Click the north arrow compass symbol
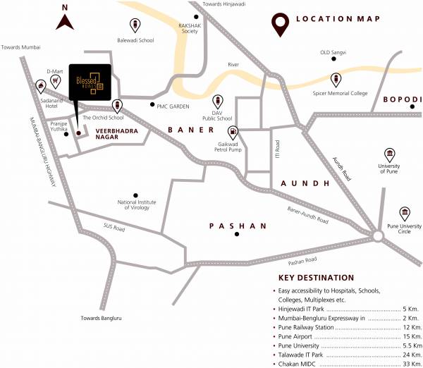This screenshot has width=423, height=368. pos(65,20)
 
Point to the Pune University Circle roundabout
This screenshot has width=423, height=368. pos(379,238)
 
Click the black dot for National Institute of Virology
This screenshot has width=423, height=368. pos(136,195)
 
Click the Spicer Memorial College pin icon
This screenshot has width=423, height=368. pos(336,79)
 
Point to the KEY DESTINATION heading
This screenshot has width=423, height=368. pos(317,278)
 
